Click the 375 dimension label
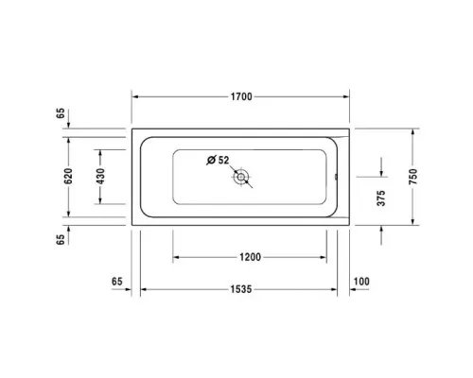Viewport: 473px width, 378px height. [382, 198]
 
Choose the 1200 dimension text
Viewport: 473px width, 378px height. [250, 257]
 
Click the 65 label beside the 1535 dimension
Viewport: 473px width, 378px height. [117, 283]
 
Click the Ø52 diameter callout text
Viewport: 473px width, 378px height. [219, 160]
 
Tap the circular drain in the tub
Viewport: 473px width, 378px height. [242, 177]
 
